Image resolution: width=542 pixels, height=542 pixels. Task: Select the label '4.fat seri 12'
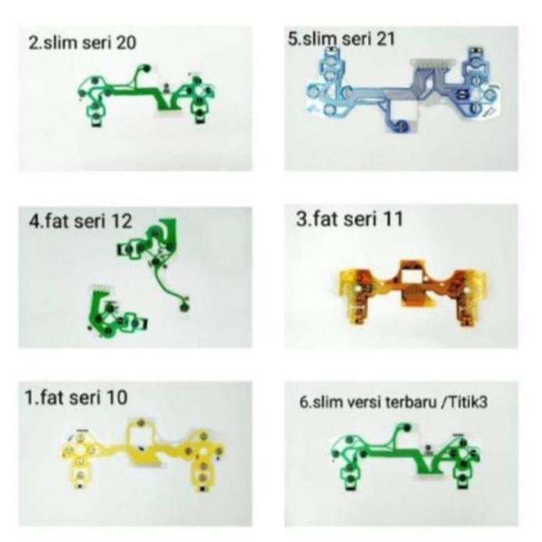click(x=80, y=222)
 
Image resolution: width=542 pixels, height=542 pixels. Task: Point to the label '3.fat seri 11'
click(x=350, y=219)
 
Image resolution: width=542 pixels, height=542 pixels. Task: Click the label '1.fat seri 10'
click(x=76, y=397)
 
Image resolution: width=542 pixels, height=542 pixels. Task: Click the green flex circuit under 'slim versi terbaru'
click(x=406, y=457)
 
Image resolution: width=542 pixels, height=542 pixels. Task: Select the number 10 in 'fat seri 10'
click(x=115, y=397)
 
